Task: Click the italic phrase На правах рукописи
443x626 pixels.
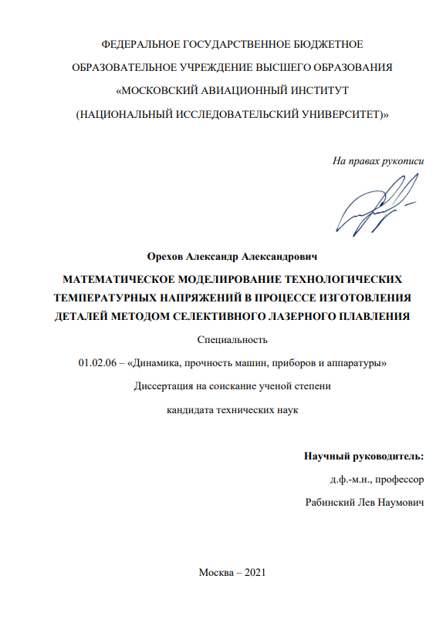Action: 378,161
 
